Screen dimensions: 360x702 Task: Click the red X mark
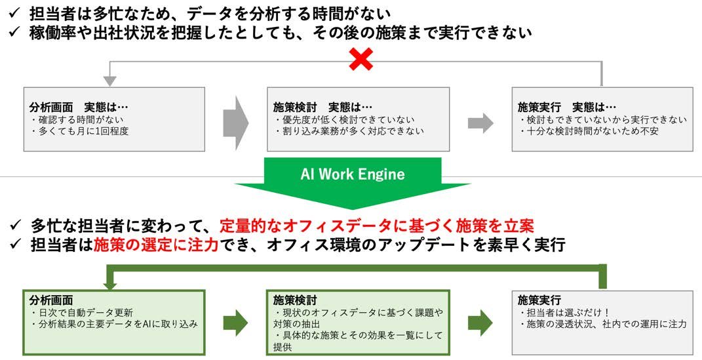361,61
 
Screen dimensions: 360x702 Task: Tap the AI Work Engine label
352,174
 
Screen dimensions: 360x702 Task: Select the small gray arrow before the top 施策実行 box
480,122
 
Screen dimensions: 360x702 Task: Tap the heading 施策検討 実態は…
322,107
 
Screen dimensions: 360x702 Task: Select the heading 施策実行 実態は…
567,107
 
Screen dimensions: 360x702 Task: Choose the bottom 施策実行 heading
539,300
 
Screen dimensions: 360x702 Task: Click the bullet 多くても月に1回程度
81,130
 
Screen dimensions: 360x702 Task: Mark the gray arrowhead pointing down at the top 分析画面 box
109,81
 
